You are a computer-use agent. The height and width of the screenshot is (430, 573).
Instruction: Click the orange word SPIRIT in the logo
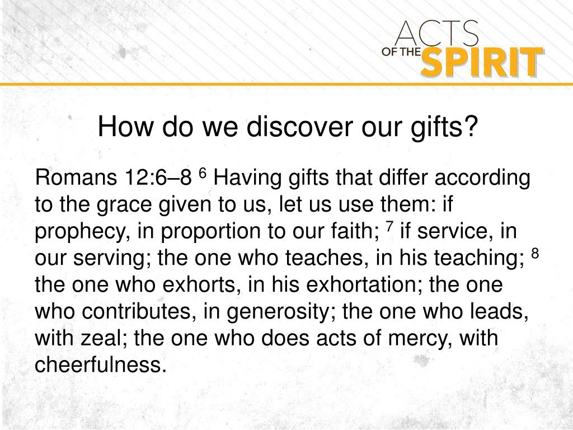point(481,62)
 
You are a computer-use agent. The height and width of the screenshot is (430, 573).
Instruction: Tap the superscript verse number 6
point(203,174)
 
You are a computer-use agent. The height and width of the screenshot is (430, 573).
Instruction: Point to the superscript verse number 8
point(534,253)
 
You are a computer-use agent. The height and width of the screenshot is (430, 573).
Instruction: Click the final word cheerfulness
point(101,364)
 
